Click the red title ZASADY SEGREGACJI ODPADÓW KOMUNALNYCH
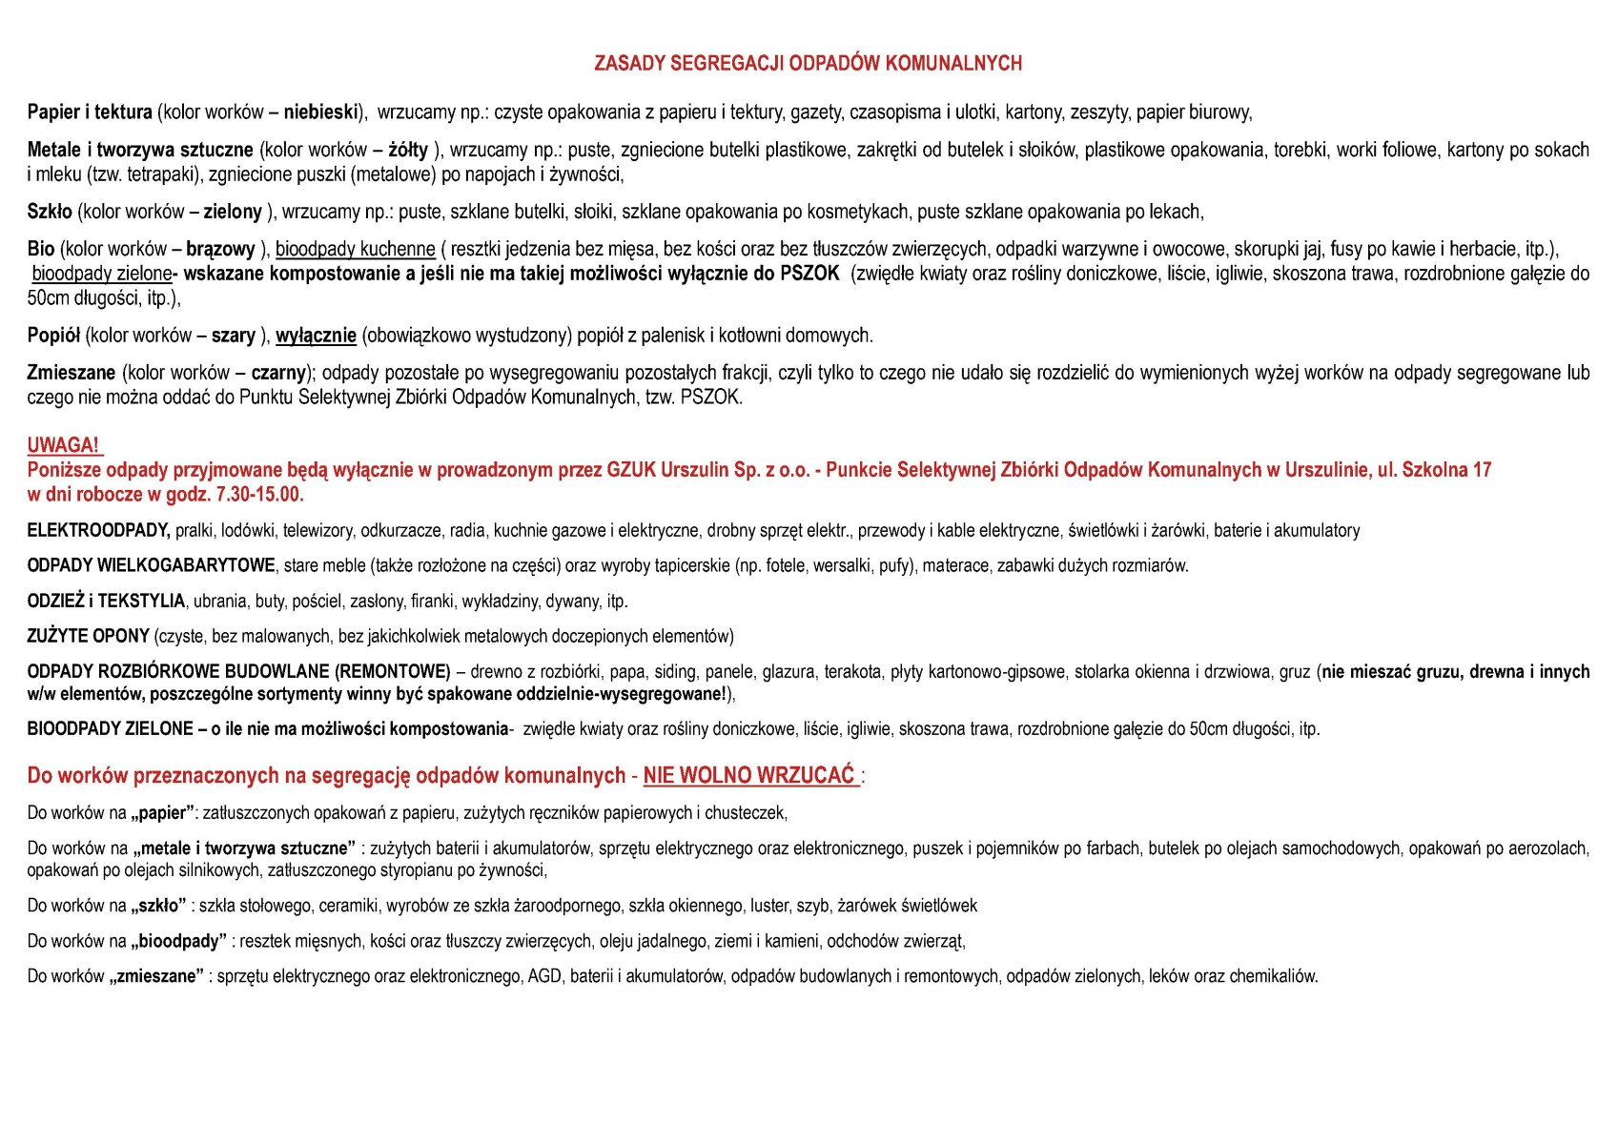click(x=808, y=64)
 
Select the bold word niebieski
click(x=320, y=112)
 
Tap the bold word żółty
click(x=407, y=150)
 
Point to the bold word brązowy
click(x=220, y=250)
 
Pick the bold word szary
click(x=233, y=336)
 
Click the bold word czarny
click(x=278, y=373)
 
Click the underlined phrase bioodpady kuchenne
click(x=356, y=250)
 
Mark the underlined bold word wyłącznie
click(x=316, y=336)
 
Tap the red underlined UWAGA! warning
click(x=63, y=445)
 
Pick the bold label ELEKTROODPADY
click(x=98, y=530)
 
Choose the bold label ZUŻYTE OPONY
click(x=88, y=636)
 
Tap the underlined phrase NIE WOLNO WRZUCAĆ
click(x=749, y=776)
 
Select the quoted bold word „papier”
click(x=163, y=813)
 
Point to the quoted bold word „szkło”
click(x=158, y=906)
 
